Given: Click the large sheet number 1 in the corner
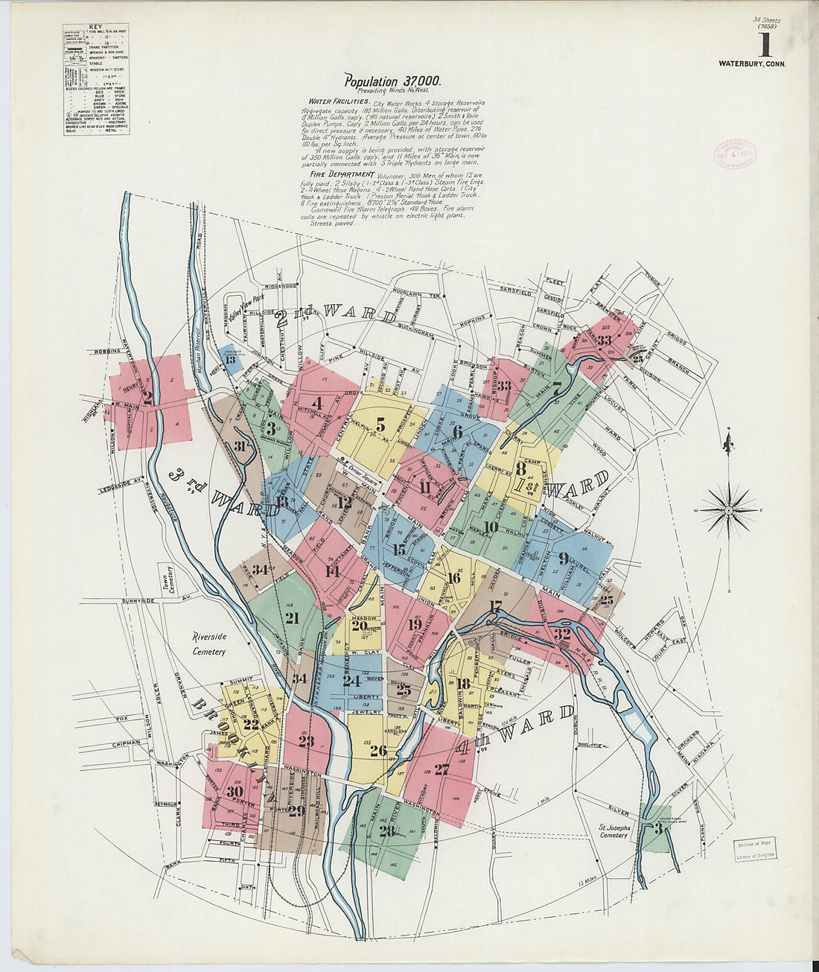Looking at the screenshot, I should tap(765, 45).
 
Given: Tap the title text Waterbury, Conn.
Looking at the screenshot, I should tap(752, 64).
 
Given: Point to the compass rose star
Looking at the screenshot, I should tap(729, 509).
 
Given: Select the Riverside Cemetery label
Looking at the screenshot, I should tap(208, 644).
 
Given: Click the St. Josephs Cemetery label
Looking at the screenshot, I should tap(616, 831).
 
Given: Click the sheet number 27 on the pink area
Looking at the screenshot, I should tap(442, 769).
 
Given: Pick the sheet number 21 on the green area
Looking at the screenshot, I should tap(291, 618).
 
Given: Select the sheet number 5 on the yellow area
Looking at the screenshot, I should tap(380, 425).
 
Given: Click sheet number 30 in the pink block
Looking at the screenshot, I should tap(235, 792).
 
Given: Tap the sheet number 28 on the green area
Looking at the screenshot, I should tap(386, 831).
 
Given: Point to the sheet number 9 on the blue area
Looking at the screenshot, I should tap(564, 559).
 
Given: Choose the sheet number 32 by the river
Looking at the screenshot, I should tap(561, 634).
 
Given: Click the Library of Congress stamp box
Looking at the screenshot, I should tap(755, 850).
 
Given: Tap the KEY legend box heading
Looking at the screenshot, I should tap(95, 28).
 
